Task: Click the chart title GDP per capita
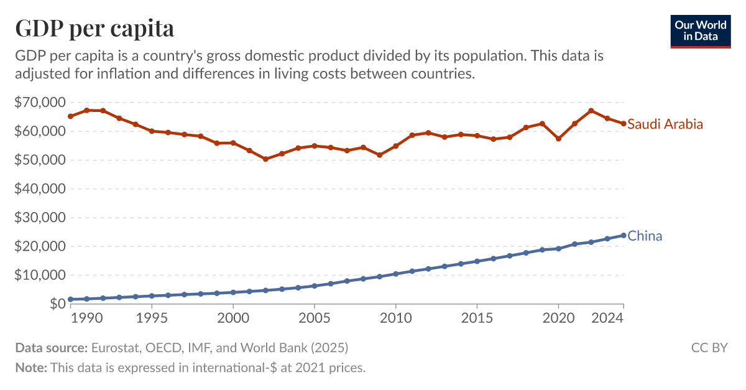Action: pos(94,29)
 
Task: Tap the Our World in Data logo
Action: pos(700,30)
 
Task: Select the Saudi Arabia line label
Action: pos(665,124)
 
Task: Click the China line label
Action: pos(645,236)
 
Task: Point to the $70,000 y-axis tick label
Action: pos(39,103)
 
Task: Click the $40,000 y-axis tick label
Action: pos(39,189)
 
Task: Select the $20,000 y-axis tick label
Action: pos(39,246)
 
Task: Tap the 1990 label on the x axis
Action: pos(86,318)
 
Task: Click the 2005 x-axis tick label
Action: pos(314,318)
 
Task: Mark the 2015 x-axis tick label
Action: pos(477,318)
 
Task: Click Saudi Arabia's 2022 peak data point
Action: pos(591,111)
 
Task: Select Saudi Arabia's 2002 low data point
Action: pos(265,159)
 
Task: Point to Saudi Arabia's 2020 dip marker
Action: pos(558,139)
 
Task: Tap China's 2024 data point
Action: pos(623,235)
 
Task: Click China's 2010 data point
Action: pos(395,274)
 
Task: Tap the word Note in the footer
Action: pos(31,368)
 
